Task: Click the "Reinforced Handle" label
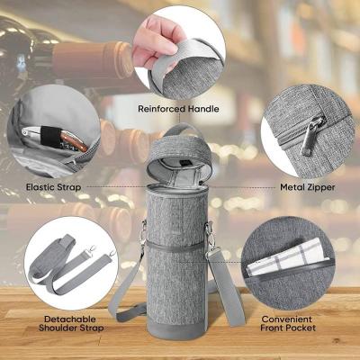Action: coord(178,109)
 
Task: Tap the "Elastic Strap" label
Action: coord(53,187)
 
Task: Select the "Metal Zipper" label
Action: coord(308,187)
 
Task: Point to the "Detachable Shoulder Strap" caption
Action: coord(70,323)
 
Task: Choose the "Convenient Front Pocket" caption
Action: coord(288,323)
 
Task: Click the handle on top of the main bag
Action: coord(179,132)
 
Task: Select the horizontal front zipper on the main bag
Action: coord(177,246)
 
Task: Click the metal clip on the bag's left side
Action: coord(143,231)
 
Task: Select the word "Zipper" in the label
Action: coord(321,188)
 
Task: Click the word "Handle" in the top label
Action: coord(203,109)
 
